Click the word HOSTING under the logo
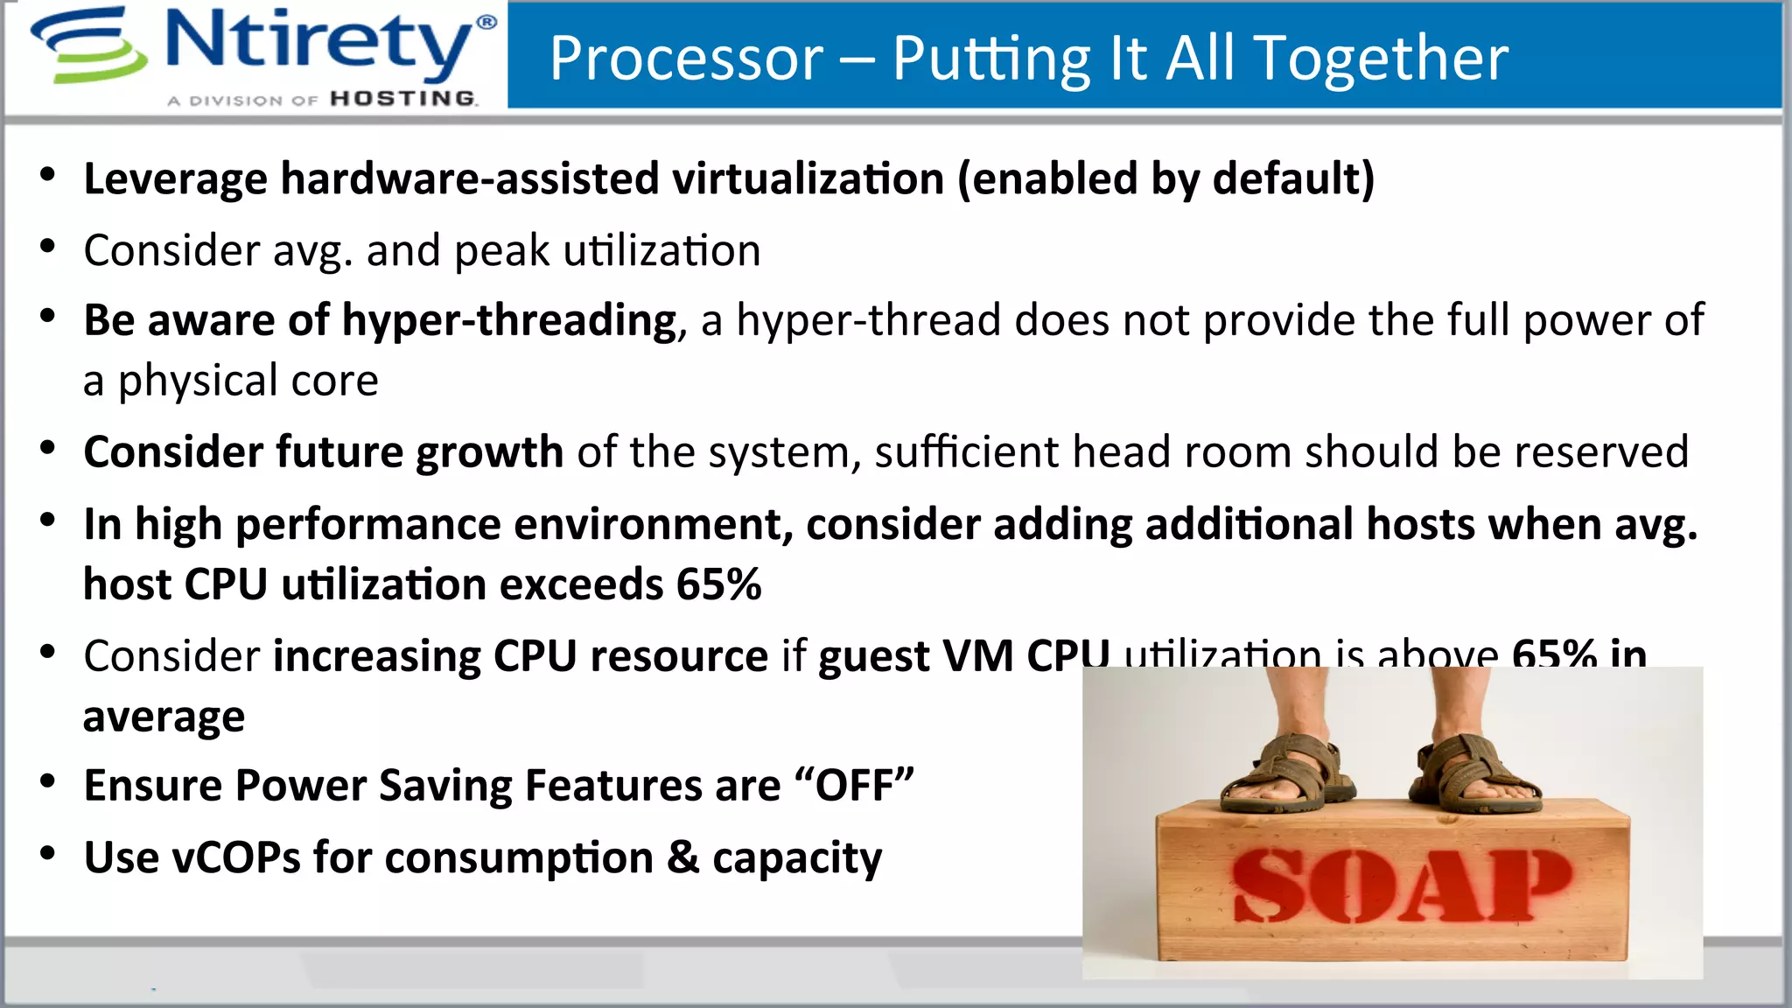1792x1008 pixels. coord(403,99)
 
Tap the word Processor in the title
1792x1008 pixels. coord(686,59)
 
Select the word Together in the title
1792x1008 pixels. coord(1382,59)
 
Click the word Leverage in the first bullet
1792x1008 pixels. coord(175,179)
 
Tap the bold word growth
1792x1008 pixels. coord(489,452)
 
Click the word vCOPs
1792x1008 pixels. coord(236,857)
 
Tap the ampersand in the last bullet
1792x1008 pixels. coord(682,857)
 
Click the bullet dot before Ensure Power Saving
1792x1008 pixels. coord(48,780)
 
